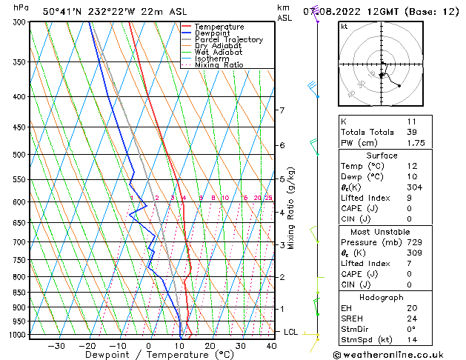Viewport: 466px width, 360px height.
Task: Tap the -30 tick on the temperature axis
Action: (x=56, y=345)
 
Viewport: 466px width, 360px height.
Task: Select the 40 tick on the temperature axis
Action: (x=271, y=345)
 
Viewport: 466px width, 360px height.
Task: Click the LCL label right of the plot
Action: (x=290, y=332)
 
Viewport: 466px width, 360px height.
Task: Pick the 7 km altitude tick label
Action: (x=282, y=110)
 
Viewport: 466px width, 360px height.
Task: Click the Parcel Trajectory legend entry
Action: (x=228, y=39)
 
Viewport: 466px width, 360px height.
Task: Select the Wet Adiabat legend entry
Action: (x=218, y=53)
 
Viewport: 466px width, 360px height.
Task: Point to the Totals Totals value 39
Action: (x=412, y=132)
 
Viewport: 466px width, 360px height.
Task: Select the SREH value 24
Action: (x=412, y=319)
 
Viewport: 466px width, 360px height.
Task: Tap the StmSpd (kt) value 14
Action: (x=412, y=339)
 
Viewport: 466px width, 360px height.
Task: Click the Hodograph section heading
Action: (x=382, y=297)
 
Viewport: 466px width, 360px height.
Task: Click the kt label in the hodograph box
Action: (x=344, y=26)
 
